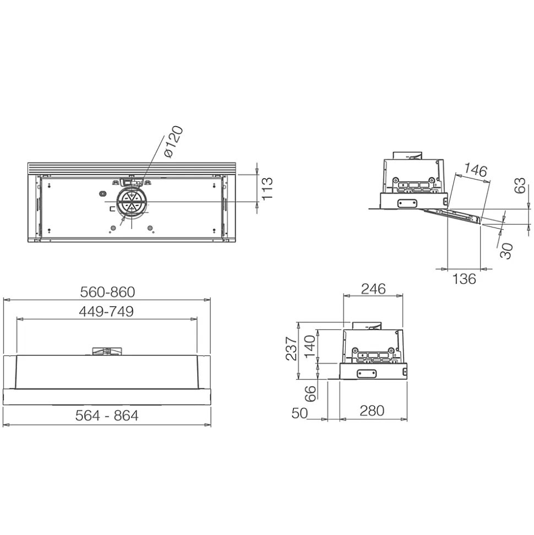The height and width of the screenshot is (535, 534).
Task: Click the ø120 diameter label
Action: coord(173,142)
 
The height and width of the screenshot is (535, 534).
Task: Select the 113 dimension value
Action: coord(267,188)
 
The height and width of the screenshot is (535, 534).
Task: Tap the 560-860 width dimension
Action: coord(107,291)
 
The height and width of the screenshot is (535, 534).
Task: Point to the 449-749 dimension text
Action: coord(106,311)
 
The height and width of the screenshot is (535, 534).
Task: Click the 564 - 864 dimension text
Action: coord(107,415)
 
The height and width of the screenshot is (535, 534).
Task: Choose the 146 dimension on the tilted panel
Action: coord(475,171)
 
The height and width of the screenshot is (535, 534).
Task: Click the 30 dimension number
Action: coord(507,251)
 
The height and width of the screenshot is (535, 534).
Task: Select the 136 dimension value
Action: coord(464,279)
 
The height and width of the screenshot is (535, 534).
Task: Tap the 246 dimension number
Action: coord(373,288)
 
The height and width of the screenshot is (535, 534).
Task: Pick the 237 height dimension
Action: coord(292,348)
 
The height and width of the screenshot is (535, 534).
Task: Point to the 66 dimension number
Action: coord(311,393)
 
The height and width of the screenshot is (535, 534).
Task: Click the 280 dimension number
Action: coord(373,410)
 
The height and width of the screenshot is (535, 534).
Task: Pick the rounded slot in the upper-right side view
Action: coord(407,203)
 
